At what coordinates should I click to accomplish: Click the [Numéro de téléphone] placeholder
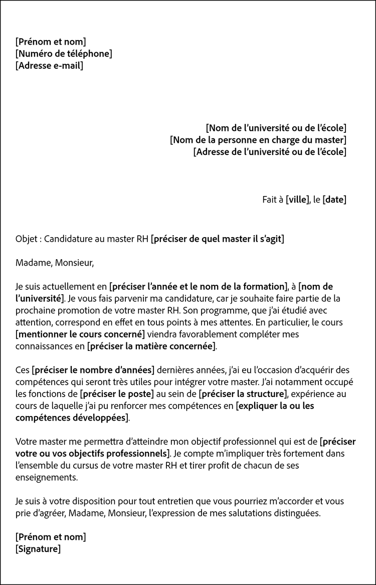(64, 54)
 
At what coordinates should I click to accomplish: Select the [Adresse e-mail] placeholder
(49, 66)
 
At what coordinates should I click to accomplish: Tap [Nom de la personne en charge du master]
(258, 140)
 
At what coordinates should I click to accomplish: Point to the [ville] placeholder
(297, 200)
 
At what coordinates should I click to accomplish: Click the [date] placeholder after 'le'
(334, 200)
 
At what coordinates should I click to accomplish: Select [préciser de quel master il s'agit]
(217, 239)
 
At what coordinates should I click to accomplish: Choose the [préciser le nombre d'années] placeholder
(93, 370)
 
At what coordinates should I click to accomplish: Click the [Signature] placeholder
(38, 549)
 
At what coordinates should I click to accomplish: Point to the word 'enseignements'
(47, 478)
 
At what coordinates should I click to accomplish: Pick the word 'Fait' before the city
(270, 200)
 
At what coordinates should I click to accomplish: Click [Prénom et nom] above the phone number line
(51, 42)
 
